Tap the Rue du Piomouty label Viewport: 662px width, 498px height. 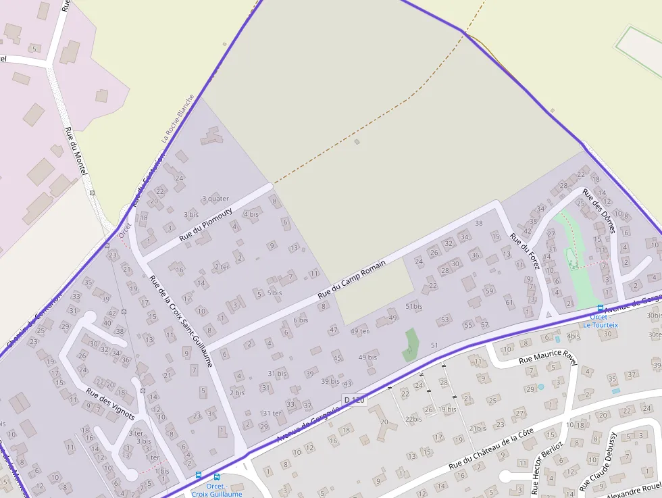(x=206, y=225)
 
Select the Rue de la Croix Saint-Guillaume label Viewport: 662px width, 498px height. (x=181, y=320)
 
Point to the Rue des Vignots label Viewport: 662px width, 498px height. (x=110, y=403)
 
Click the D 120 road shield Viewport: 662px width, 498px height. (x=354, y=400)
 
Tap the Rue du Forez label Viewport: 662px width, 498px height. (x=525, y=251)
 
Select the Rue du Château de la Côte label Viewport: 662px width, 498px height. (x=491, y=448)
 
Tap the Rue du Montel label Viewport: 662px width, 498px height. (x=76, y=151)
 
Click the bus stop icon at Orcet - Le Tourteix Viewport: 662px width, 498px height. (x=601, y=308)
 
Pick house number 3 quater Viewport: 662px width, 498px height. (x=215, y=199)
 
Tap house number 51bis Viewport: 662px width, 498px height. (x=413, y=306)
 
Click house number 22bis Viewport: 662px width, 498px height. (x=413, y=419)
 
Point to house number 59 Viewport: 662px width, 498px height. (x=489, y=291)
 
